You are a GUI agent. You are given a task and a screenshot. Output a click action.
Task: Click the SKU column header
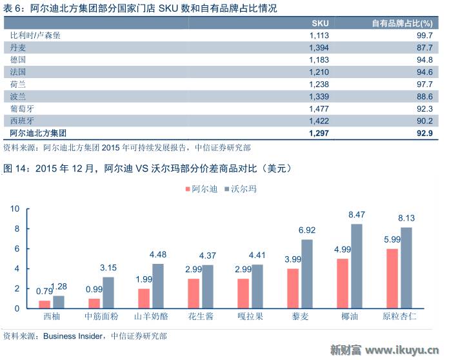click(x=320, y=23)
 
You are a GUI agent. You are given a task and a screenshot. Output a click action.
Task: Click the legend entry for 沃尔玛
click(x=240, y=189)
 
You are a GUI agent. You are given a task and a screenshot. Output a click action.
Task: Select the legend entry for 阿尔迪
click(x=200, y=189)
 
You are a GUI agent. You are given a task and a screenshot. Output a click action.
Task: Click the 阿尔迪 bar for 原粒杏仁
click(x=392, y=278)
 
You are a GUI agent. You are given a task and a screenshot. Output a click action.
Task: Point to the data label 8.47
click(x=357, y=214)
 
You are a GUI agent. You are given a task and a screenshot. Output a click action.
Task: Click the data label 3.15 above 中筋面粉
click(x=108, y=267)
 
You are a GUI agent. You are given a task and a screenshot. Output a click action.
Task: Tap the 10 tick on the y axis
click(x=15, y=208)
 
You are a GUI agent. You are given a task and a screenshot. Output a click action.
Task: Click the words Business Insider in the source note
click(x=75, y=335)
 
